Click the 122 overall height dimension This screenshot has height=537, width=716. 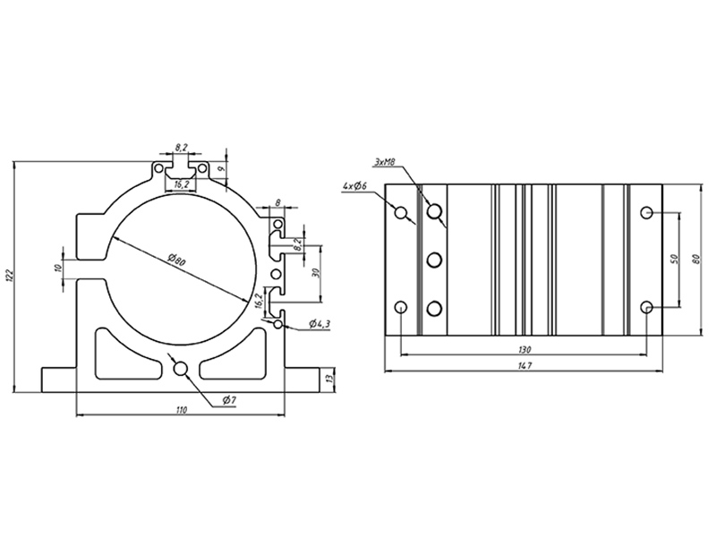tap(10, 276)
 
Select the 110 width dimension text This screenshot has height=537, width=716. tap(181, 410)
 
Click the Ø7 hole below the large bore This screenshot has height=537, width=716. tap(180, 367)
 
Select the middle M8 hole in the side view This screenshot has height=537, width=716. tap(435, 260)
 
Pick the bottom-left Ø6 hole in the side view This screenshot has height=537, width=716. tap(401, 308)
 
